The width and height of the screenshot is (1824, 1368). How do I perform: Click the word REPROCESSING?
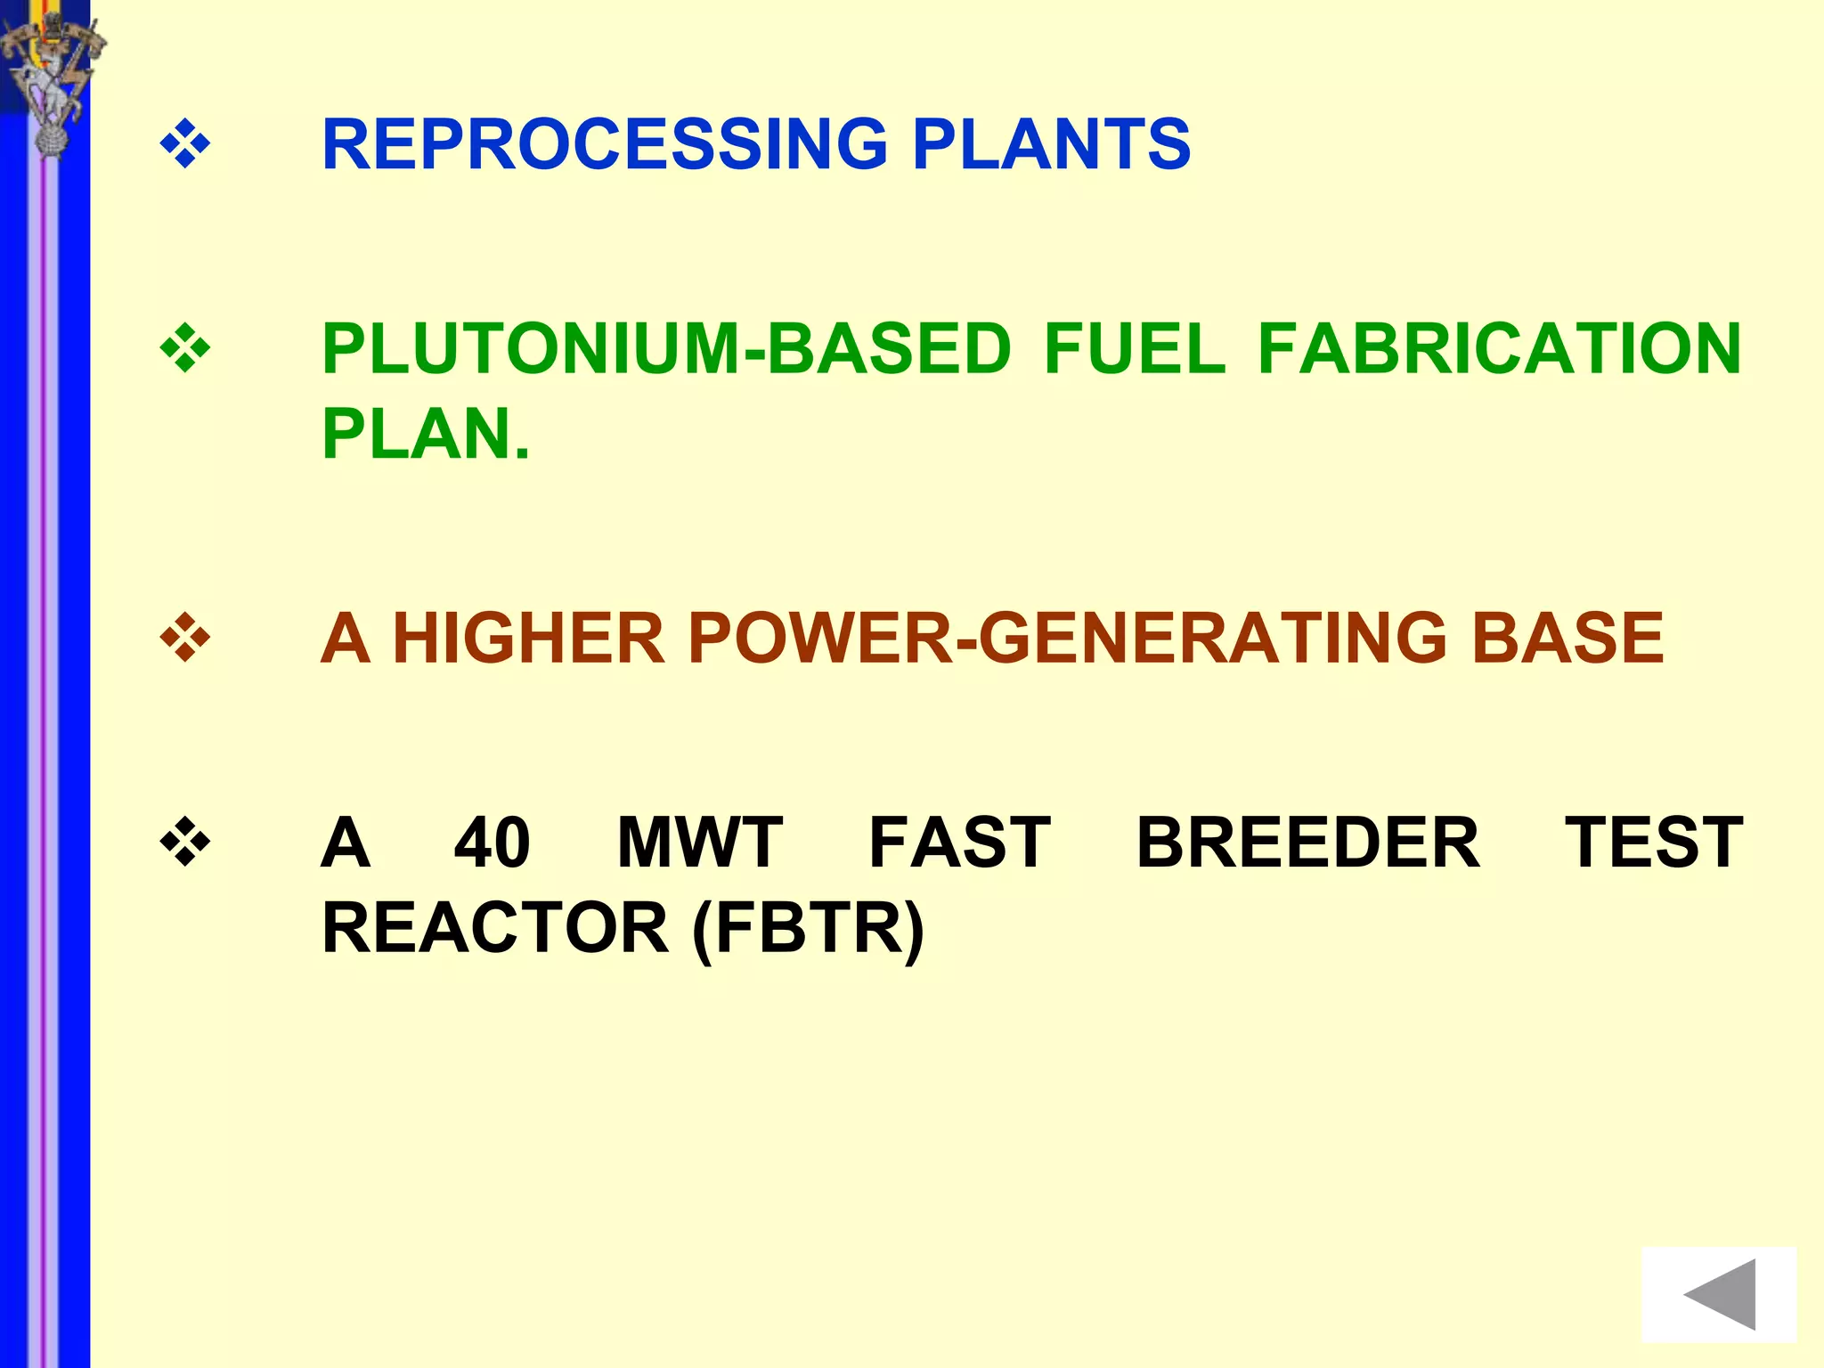[605, 144]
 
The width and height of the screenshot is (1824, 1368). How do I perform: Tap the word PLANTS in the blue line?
[1051, 144]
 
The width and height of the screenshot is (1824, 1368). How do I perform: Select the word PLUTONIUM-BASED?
[666, 349]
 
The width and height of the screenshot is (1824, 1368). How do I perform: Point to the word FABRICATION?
[1499, 349]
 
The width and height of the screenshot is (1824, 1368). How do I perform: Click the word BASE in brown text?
[1567, 639]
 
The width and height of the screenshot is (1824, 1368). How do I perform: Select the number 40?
[492, 843]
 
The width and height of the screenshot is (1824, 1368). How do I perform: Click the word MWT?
[700, 843]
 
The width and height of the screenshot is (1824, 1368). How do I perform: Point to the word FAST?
[959, 843]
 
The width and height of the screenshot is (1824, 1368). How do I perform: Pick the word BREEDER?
[1307, 843]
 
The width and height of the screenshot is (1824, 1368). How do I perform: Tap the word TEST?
[1653, 843]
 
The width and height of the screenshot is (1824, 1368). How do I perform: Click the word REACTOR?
[494, 928]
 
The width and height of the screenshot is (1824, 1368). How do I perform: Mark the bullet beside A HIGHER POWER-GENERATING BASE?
[185, 639]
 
